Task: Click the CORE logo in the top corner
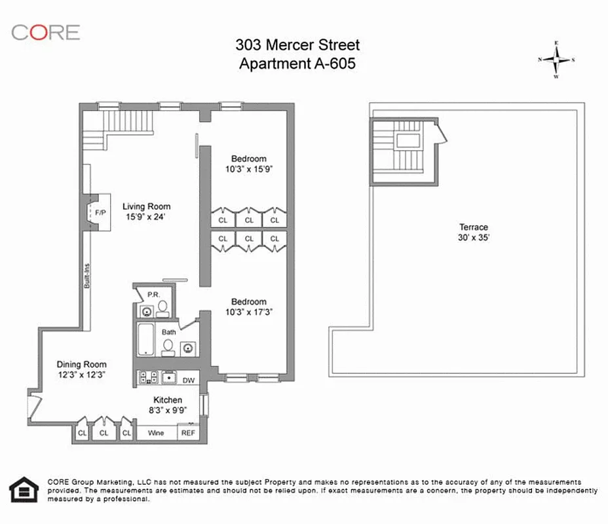click(45, 32)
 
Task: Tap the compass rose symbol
click(557, 60)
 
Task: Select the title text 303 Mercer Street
click(297, 46)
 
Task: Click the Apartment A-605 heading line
click(297, 64)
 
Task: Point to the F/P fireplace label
click(100, 213)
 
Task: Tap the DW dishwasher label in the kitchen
click(189, 380)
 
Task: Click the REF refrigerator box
click(188, 432)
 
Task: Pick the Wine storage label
click(156, 433)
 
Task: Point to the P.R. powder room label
click(153, 295)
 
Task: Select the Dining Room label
click(81, 364)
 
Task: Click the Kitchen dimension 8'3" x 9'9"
click(167, 411)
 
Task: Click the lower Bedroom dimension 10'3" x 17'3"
click(249, 312)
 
